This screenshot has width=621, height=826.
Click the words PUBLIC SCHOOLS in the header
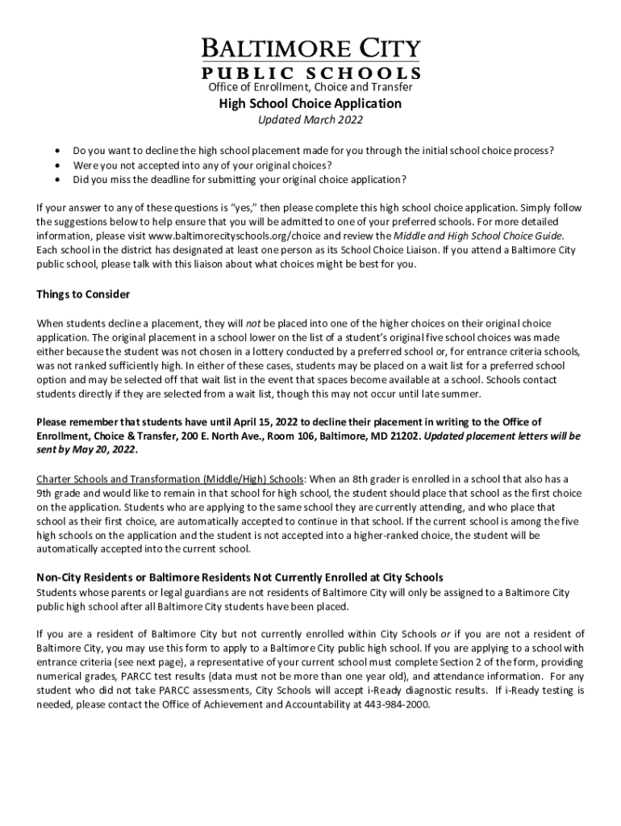coord(310,72)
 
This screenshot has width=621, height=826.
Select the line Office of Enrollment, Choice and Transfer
coord(310,86)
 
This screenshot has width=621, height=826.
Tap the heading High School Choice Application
coord(310,103)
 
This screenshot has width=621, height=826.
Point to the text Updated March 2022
coord(310,120)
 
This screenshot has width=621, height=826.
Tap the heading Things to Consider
coord(83,294)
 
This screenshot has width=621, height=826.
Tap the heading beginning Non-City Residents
coord(240,577)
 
